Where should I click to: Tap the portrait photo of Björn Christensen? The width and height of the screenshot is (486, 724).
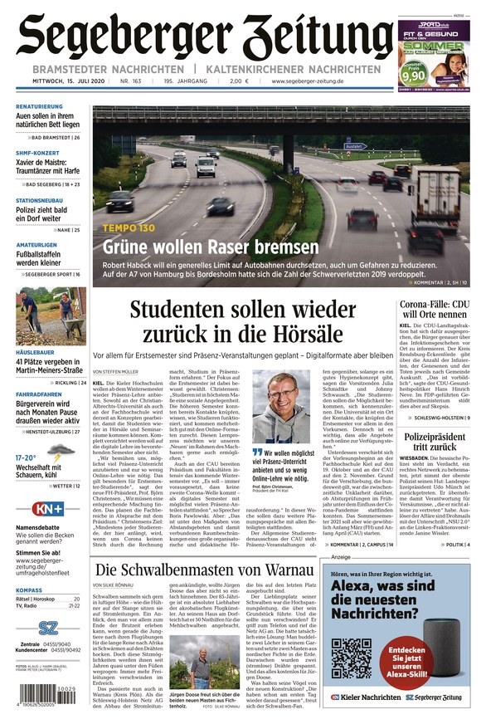click(x=281, y=407)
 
